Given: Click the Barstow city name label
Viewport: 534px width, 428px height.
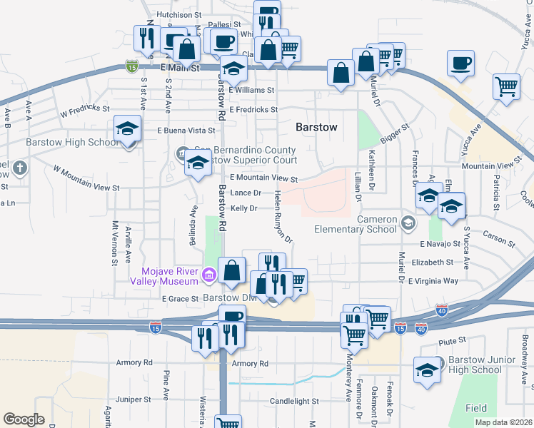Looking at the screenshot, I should [315, 127].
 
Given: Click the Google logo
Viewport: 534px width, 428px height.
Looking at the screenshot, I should [24, 419].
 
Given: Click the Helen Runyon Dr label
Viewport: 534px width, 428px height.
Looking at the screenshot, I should [283, 218].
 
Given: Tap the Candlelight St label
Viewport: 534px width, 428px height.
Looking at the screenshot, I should [295, 402].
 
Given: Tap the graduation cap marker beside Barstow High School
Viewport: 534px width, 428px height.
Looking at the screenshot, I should [127, 129].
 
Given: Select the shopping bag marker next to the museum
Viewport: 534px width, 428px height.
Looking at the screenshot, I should [232, 270].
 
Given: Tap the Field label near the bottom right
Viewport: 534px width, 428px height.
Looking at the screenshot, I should [476, 408].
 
